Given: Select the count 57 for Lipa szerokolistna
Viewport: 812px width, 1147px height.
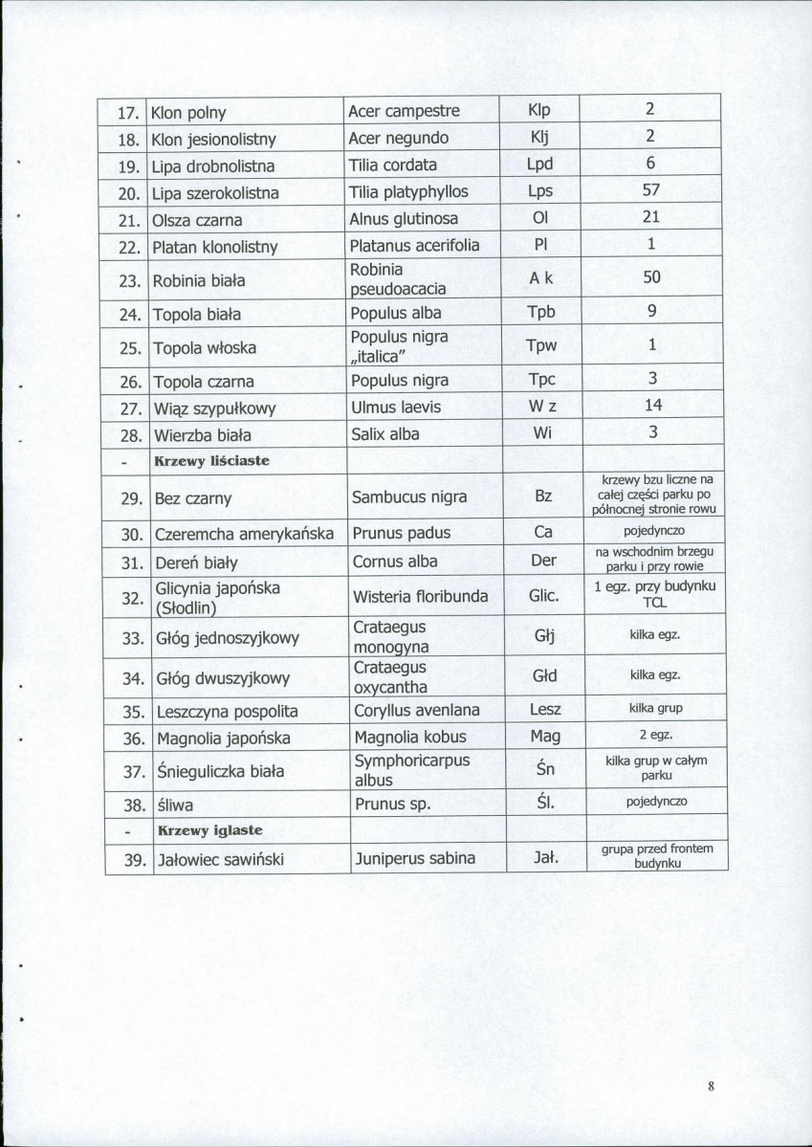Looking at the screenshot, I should pos(650,190).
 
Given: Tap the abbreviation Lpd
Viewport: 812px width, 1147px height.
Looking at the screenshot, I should pos(540,164).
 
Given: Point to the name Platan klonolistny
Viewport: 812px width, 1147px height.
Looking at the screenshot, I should pos(214,247).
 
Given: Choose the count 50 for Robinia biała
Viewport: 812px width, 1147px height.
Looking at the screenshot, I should pos(650,278).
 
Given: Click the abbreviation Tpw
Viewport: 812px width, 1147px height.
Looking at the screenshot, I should pos(540,345).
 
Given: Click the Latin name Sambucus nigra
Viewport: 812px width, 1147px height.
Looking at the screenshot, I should pos(409,496).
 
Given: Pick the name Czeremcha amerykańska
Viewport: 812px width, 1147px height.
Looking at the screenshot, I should pos(244,534).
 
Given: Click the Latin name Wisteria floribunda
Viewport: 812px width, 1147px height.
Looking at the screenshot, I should pos(421,597).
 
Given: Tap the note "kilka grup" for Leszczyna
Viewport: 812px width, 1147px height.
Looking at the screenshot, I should pos(655,709).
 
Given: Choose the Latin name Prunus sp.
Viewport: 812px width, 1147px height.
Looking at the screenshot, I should pos(394,804).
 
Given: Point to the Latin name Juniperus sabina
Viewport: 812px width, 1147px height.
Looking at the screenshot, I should pos(415,858).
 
